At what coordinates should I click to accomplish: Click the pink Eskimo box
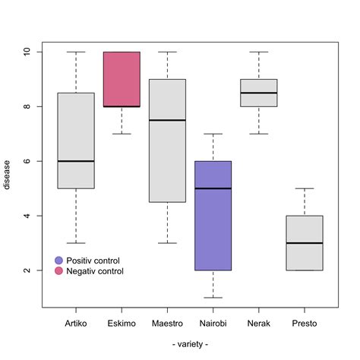[x=122, y=79]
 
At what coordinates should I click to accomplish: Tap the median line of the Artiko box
[x=76, y=161]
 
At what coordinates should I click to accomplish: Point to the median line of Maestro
[x=167, y=120]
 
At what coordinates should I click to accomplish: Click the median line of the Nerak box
[x=258, y=93]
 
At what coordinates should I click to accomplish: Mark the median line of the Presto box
[x=304, y=243]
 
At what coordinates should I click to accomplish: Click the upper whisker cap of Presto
[x=304, y=188]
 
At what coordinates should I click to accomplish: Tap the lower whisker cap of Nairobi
[x=213, y=298]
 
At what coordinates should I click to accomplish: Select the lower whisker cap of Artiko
[x=76, y=243]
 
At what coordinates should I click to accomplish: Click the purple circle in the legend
[x=59, y=261]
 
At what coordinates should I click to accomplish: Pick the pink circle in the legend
[x=59, y=271]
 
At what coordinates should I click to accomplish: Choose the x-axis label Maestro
[x=167, y=324]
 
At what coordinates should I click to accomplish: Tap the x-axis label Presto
[x=304, y=324]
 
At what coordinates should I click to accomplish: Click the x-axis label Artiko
[x=76, y=324]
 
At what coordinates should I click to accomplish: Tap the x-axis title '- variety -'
[x=190, y=345]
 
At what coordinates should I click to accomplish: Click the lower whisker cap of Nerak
[x=258, y=134]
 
